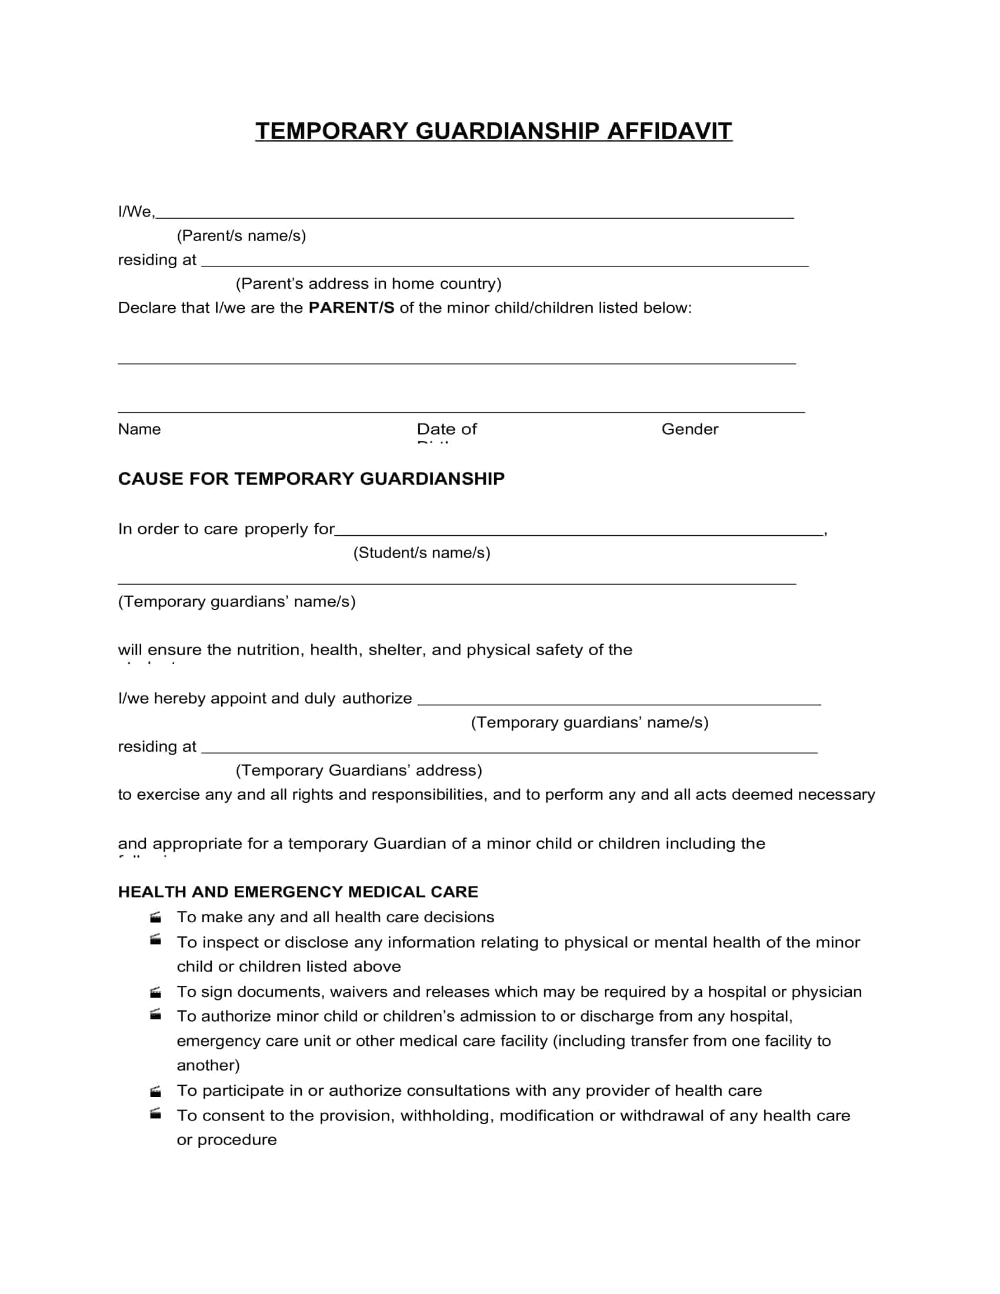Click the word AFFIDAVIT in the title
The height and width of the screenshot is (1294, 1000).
(669, 131)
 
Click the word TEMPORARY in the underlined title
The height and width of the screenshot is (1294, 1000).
(332, 131)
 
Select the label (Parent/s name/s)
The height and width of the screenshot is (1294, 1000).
(241, 236)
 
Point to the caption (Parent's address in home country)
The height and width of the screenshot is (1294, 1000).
(368, 284)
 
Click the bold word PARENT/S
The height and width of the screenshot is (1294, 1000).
(351, 308)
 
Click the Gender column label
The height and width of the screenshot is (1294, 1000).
(689, 429)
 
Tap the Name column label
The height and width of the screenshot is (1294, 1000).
(139, 429)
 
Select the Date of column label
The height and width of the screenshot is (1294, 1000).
(446, 429)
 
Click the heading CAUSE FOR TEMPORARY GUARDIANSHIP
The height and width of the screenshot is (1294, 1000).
(311, 479)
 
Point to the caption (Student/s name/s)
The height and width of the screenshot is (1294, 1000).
(422, 553)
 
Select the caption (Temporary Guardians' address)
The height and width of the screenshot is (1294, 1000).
(359, 771)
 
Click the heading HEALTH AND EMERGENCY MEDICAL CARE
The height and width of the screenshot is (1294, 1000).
(298, 892)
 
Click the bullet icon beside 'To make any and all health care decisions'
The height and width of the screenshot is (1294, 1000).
(156, 918)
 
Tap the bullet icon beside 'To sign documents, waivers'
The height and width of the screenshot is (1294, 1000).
(156, 992)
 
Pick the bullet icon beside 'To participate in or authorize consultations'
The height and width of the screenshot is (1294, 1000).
(156, 1091)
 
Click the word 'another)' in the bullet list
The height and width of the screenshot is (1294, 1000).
(208, 1066)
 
